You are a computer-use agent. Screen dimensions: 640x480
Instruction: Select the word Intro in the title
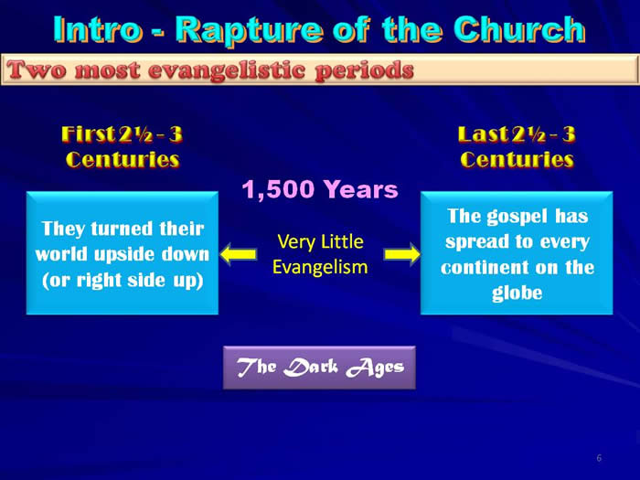tap(98, 29)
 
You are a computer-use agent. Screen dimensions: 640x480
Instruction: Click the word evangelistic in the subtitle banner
tap(227, 69)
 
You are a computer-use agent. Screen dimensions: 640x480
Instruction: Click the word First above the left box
tap(88, 133)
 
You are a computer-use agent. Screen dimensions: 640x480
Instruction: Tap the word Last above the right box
tap(484, 133)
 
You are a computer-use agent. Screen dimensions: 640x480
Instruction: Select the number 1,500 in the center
tap(278, 190)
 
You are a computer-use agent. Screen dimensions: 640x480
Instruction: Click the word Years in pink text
tap(361, 190)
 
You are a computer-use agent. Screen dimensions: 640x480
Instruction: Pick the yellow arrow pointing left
tap(239, 254)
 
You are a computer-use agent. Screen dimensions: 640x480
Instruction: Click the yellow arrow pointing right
tap(402, 254)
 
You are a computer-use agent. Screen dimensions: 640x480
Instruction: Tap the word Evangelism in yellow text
tap(320, 267)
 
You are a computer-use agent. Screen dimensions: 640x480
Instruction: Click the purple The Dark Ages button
tap(320, 368)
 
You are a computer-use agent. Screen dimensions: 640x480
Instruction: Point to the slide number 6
tap(599, 458)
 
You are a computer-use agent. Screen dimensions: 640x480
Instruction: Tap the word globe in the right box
tap(517, 293)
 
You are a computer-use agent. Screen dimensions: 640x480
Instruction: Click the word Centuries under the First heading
tap(123, 159)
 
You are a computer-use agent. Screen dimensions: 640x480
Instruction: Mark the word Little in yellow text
tap(343, 241)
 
